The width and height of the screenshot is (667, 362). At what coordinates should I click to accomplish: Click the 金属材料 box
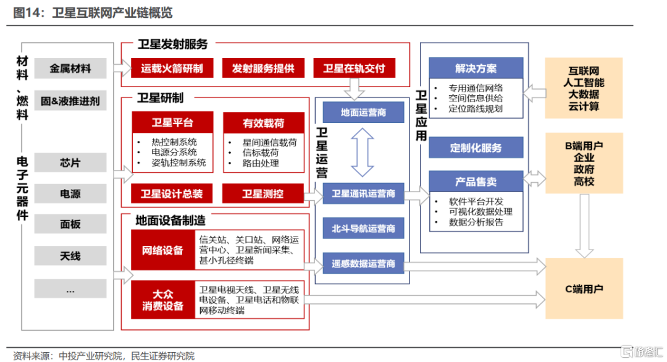pos(70,69)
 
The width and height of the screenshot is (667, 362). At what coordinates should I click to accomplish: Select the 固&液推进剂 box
pos(70,101)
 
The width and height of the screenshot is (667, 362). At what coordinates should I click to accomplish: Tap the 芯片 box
pos(70,162)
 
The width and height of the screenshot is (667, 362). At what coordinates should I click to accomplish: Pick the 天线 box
pos(70,256)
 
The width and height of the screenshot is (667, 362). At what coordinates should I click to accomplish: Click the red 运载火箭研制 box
pos(172,68)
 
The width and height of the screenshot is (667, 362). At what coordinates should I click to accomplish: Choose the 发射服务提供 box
pos(263,68)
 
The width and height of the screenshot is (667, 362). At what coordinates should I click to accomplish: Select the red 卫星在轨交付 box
pos(354,68)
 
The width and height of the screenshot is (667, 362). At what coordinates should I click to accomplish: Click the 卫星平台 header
pos(172,122)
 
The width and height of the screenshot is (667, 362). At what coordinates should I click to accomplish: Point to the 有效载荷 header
pos(264,123)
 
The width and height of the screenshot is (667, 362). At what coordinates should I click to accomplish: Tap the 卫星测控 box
pos(263,194)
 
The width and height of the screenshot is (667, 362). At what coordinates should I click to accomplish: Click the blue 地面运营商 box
pos(363,112)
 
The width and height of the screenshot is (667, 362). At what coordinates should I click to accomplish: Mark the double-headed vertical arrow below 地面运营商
pos(363,153)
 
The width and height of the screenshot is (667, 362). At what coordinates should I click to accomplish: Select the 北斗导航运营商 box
pos(363,229)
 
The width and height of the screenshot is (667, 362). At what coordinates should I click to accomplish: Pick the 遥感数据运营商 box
pos(363,263)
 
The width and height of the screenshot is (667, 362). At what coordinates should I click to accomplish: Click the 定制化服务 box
pos(476,148)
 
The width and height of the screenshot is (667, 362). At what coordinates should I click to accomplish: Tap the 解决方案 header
pos(476,68)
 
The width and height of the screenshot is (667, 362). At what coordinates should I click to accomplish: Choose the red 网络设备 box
pos(163,250)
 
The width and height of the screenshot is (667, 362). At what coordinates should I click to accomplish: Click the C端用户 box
pos(584,289)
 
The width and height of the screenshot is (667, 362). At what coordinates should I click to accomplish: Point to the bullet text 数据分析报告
pos(476,222)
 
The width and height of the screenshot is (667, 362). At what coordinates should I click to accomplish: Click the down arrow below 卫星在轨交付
pos(354,88)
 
